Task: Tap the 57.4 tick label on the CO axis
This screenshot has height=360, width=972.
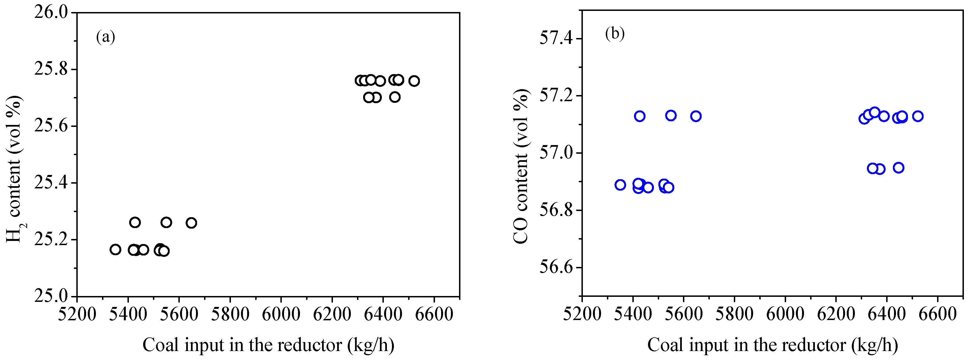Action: tap(555, 39)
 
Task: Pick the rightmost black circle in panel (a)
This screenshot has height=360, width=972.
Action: tap(414, 81)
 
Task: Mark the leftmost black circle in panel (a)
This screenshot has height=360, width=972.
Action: tap(115, 249)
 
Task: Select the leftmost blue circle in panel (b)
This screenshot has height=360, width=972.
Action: tap(620, 185)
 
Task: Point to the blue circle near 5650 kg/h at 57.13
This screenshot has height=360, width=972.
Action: tap(696, 116)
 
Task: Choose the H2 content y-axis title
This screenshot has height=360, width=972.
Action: tap(14, 169)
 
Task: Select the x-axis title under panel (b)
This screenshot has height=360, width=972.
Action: tap(772, 345)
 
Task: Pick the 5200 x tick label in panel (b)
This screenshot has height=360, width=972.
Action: tap(582, 314)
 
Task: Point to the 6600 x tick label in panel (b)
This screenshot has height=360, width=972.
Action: tap(938, 314)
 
